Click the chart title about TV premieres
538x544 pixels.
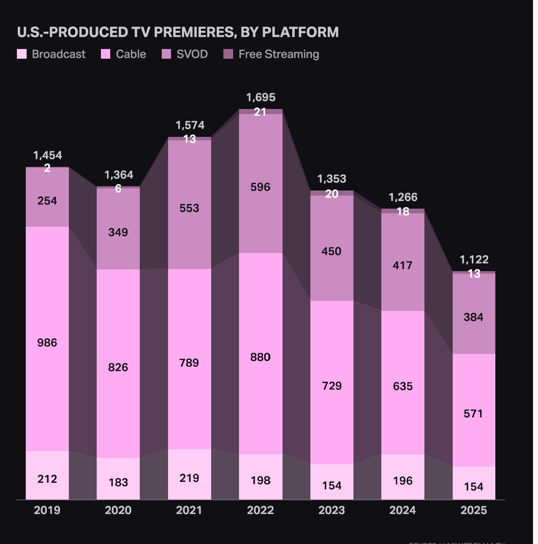coord(178,33)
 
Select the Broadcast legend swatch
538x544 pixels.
coord(22,54)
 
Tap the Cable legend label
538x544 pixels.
coord(131,54)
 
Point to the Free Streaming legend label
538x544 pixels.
coord(279,54)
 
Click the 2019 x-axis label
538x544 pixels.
coord(47,510)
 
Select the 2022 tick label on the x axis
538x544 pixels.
coord(260,510)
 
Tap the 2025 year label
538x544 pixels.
coord(473,510)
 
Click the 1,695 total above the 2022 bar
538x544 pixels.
coord(261,98)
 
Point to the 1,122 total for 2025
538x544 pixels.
coord(474,259)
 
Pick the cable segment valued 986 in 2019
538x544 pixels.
coord(47,343)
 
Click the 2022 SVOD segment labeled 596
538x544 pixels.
coord(260,187)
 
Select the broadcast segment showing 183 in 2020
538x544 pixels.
coord(118,482)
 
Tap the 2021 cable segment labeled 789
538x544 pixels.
coord(189,363)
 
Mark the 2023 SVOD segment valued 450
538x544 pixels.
coord(331,251)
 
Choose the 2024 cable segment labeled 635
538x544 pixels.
coord(402,386)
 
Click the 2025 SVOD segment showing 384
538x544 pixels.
coord(473,317)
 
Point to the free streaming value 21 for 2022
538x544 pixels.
coord(260,112)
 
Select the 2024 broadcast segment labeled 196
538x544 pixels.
coord(402,480)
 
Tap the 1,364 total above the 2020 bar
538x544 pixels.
coord(119,175)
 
